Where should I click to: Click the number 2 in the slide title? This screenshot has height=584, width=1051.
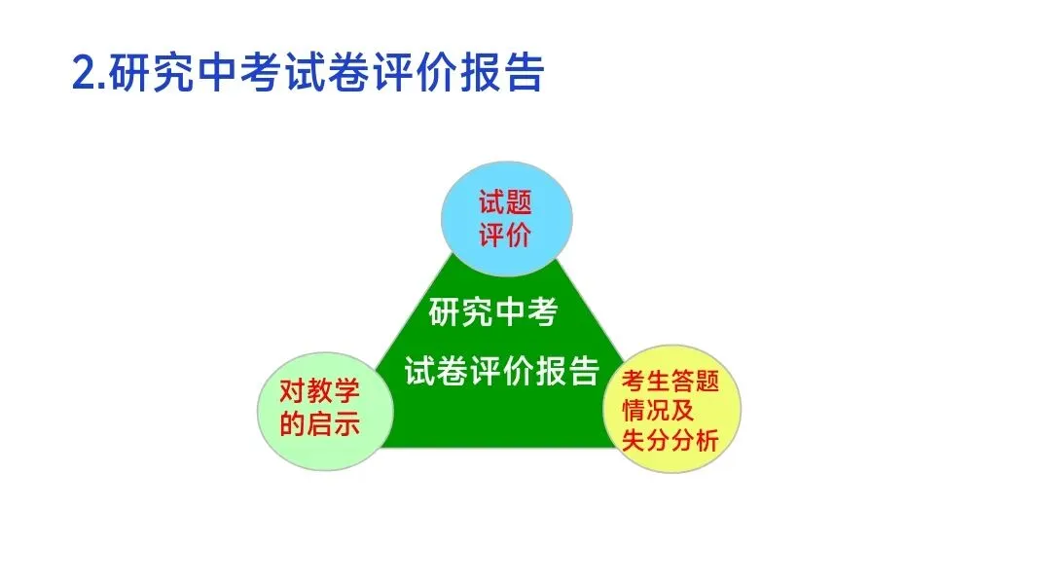pos(85,74)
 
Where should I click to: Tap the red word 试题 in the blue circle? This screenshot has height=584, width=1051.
pos(505,203)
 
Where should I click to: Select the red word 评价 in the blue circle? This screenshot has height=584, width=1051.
pos(505,235)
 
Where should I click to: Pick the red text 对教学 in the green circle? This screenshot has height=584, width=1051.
pos(319,391)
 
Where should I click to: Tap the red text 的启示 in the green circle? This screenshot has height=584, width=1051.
pos(319,423)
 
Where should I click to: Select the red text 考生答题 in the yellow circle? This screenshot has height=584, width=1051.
pos(670,381)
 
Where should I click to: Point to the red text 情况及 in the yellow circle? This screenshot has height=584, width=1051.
pos(658,410)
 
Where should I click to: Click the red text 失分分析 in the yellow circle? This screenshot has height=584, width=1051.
pos(670,441)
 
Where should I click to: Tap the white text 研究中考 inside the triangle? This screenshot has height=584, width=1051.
pos(493,313)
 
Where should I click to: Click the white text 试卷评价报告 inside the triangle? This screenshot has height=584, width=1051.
pos(502,370)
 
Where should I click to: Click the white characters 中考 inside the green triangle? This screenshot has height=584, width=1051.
pos(525,313)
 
